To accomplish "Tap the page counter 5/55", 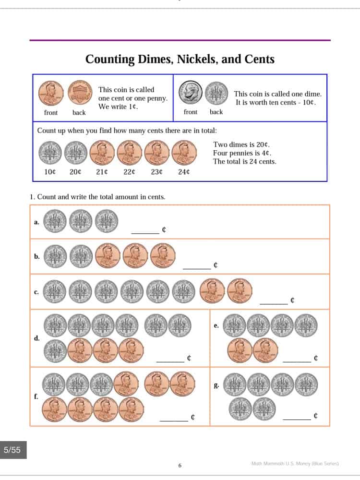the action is tap(12, 450).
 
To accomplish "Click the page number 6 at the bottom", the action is tap(180, 466).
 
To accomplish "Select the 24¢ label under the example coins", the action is tap(184, 172).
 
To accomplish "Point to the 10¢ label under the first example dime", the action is tap(50, 172).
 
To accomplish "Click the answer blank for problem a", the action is tap(145, 233).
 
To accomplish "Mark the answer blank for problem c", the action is tap(274, 304).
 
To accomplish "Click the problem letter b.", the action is tap(37, 256).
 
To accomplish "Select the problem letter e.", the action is tap(216, 325).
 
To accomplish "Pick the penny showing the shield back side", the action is tap(80, 93).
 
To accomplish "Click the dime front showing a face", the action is tap(191, 93).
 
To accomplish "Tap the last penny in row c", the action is tap(240, 291).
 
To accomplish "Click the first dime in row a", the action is tap(55, 221).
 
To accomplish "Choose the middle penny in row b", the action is tap(135, 256).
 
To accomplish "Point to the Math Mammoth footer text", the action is tap(295, 464).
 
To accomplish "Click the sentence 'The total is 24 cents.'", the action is tap(245, 162).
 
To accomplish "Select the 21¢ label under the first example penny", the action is tap(102, 172).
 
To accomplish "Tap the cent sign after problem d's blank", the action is tap(189, 358).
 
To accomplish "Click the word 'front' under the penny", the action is tap(51, 113).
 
